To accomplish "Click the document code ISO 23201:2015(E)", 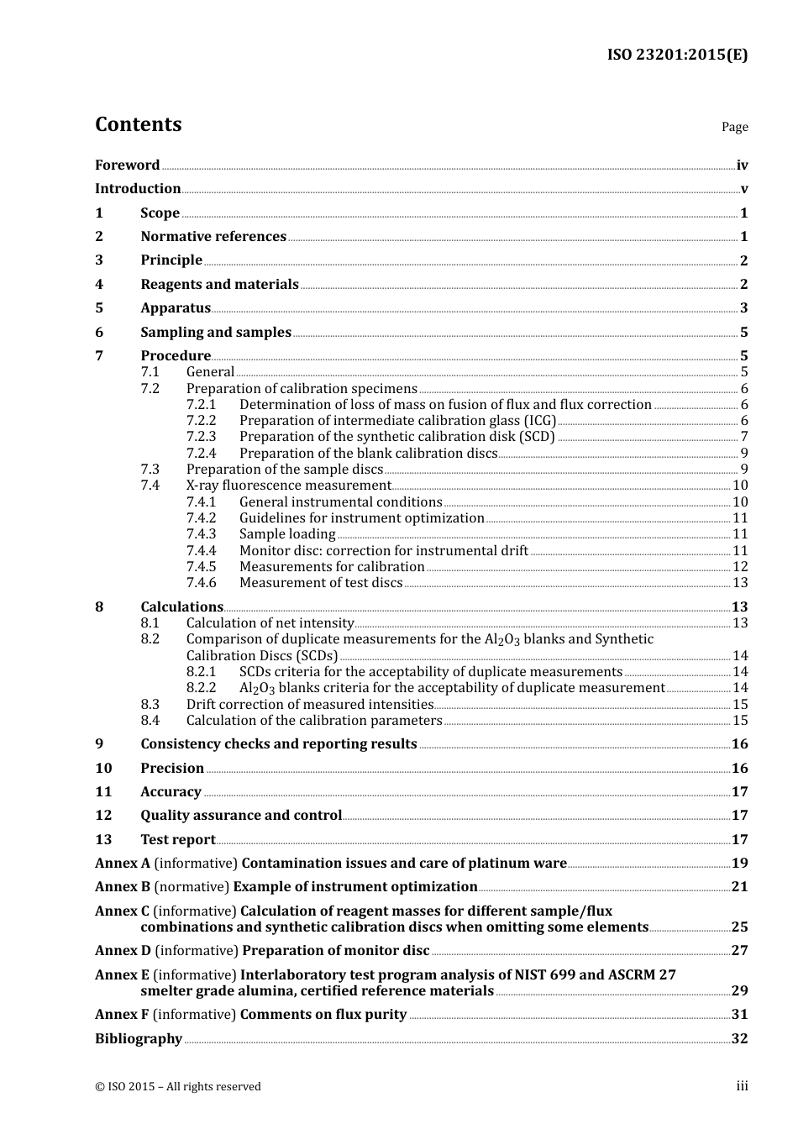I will [677, 55].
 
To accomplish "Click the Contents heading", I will [138, 124].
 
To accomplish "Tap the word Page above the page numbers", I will [734, 127].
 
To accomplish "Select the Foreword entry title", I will [127, 165].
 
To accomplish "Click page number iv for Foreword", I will [742, 165].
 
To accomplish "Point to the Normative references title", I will [213, 237].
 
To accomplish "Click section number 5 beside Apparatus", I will [99, 308].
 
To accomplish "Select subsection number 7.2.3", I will [201, 437].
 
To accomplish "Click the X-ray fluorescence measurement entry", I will [288, 486].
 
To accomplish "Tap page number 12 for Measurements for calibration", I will [740, 567].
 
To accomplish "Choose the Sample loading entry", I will [287, 534].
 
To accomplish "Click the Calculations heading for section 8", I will [181, 607].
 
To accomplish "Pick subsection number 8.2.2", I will [201, 688].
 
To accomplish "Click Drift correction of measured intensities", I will [309, 705].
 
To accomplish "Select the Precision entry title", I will [172, 769].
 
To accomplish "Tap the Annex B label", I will [123, 887].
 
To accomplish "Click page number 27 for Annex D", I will [739, 951].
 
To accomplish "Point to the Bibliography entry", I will [139, 1039].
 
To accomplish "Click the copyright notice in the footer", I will [178, 1087].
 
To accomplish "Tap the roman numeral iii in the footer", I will [742, 1086].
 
